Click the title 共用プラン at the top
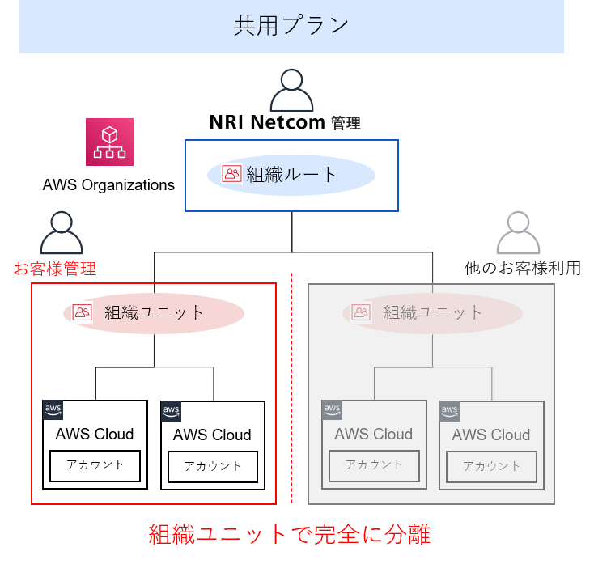coord(291,26)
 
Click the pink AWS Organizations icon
coord(110,142)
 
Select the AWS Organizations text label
coord(108,185)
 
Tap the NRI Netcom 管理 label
coord(285,123)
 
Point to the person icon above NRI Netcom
coord(291,91)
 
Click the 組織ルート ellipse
coord(291,174)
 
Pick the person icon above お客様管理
coord(62,234)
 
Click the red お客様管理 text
coord(55,268)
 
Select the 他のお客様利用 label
coord(523,268)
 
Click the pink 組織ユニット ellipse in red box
coord(154,312)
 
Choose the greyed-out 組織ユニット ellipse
coord(432,312)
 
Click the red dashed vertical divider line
coord(292,388)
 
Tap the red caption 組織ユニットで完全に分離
coord(289,534)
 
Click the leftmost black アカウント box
coord(95,465)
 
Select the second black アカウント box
coord(213,467)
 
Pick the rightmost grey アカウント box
coord(492,467)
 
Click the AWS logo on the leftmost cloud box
coord(53,409)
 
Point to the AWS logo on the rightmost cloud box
coord(450,411)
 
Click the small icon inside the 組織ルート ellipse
coord(232,174)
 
